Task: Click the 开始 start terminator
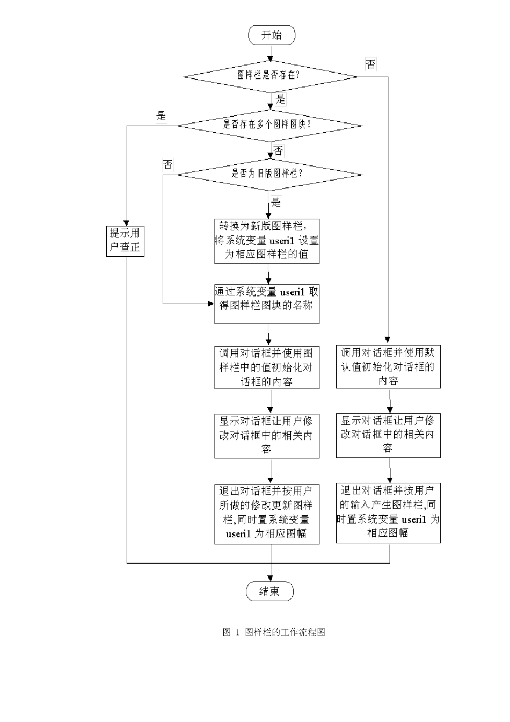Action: tap(272, 35)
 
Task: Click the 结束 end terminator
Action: tap(270, 591)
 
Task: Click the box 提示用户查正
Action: tap(126, 240)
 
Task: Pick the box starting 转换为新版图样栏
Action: tap(267, 241)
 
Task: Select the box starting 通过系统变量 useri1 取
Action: tap(267, 304)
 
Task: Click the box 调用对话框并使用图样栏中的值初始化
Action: tap(267, 367)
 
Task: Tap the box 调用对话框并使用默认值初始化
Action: tap(388, 366)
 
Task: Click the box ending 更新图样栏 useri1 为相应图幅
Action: tap(267, 513)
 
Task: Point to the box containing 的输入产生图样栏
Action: tap(388, 512)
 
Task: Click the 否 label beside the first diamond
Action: tap(370, 64)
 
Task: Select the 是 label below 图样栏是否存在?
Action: tap(281, 99)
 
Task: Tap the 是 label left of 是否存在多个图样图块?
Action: tap(161, 115)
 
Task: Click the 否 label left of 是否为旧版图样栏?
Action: tap(168, 164)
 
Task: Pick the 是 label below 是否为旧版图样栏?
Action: tap(276, 202)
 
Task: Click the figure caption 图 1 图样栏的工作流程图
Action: tap(274, 632)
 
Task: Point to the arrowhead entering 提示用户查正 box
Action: tap(127, 222)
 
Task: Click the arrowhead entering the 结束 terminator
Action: tap(271, 578)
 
